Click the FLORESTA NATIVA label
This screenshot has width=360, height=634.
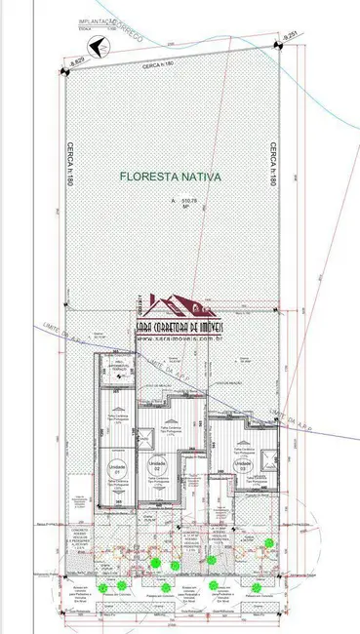click(171, 178)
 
